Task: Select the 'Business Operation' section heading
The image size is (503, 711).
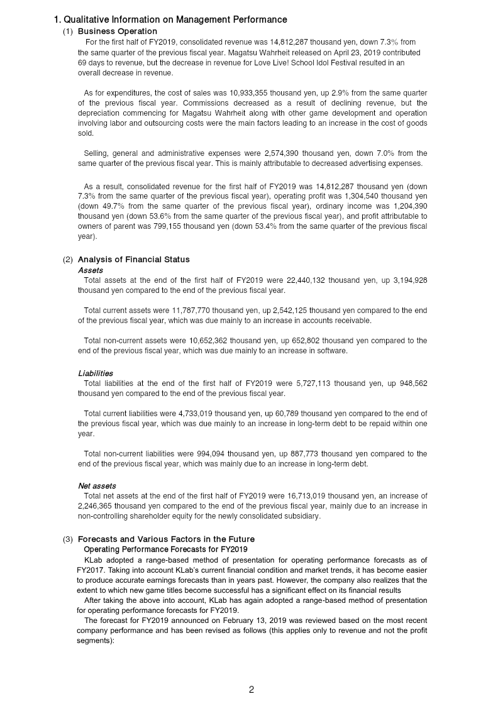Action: [x=118, y=31]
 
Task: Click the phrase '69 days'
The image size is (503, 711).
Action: [x=92, y=63]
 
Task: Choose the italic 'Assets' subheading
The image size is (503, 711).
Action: [x=91, y=270]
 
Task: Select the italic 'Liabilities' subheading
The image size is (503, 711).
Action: [x=96, y=373]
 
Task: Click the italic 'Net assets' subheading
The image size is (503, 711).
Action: [x=97, y=486]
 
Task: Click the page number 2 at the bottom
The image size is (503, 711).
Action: [x=251, y=690]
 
